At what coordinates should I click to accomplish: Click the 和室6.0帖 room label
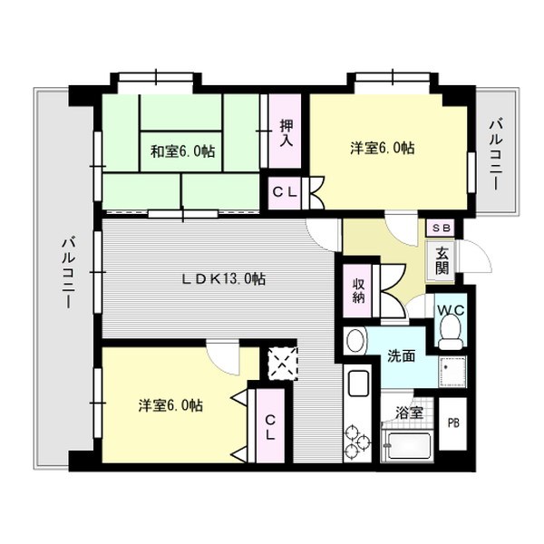(183, 151)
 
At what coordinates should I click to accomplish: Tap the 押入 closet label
(286, 133)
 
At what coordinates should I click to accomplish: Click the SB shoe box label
(442, 228)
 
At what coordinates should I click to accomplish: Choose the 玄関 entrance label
(442, 261)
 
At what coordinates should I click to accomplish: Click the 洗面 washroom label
(402, 356)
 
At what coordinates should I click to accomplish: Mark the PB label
(453, 423)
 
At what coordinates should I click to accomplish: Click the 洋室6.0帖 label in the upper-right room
(383, 147)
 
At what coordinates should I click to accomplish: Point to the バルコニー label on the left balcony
(67, 272)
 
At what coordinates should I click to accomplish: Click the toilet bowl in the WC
(448, 337)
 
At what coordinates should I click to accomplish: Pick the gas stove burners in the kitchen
(357, 443)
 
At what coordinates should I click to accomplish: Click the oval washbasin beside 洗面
(356, 343)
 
